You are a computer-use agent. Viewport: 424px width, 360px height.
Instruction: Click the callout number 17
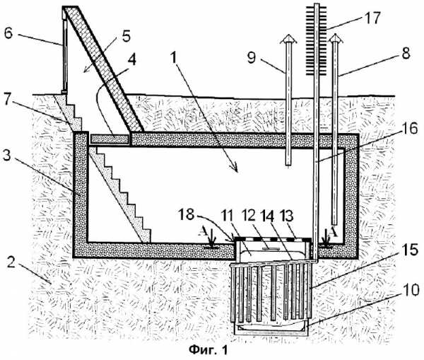tap(372, 18)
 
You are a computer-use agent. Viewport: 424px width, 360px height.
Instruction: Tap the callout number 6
tap(8, 33)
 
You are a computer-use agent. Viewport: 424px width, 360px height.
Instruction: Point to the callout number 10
tap(410, 290)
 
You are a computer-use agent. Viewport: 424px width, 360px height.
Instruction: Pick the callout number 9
tap(251, 58)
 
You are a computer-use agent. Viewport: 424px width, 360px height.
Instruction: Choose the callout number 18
tap(187, 214)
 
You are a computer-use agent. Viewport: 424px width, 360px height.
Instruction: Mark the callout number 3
tap(6, 156)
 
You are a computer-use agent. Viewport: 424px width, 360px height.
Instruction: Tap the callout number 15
tap(410, 249)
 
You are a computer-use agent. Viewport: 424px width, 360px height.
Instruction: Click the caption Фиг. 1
tap(208, 349)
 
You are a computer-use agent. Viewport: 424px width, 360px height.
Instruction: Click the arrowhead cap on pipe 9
tap(288, 38)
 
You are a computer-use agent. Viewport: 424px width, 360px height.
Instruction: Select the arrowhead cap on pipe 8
tap(335, 38)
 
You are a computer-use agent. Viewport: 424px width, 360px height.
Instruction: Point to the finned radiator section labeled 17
tap(316, 40)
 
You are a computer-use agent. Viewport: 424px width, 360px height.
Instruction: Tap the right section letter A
tap(334, 231)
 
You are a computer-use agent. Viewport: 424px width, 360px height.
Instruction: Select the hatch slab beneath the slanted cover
tap(110, 139)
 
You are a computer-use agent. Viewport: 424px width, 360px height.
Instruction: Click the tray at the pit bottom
tap(271, 327)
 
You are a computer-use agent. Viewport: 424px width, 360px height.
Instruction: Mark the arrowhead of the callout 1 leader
tap(235, 169)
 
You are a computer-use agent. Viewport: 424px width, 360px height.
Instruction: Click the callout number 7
tap(8, 100)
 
